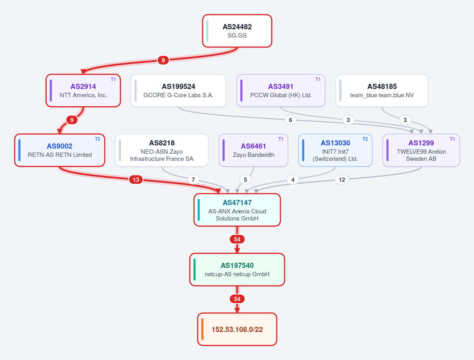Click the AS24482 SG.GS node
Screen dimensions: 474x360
point(237,31)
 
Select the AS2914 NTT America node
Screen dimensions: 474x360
point(83,90)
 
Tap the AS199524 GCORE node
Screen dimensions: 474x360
point(178,90)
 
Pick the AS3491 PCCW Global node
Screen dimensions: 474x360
point(281,90)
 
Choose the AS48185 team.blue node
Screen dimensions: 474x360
point(382,90)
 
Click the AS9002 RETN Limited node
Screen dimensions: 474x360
point(60,150)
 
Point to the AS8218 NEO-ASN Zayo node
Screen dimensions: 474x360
point(162,150)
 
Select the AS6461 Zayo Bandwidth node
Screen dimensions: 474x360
point(253,150)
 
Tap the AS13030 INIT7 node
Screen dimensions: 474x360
point(335,150)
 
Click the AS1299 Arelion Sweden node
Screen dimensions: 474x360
point(421,150)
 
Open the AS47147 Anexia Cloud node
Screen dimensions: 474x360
point(237,210)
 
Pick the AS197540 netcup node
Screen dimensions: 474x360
point(237,270)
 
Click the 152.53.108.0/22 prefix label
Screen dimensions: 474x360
point(237,330)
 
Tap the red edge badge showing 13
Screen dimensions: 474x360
point(136,180)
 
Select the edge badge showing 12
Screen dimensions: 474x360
point(342,180)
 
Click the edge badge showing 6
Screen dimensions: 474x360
point(291,120)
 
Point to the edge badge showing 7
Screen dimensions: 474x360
point(193,180)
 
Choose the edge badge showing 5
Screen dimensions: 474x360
point(245,180)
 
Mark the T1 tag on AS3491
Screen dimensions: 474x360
point(318,79)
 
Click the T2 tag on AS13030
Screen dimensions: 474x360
point(365,139)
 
